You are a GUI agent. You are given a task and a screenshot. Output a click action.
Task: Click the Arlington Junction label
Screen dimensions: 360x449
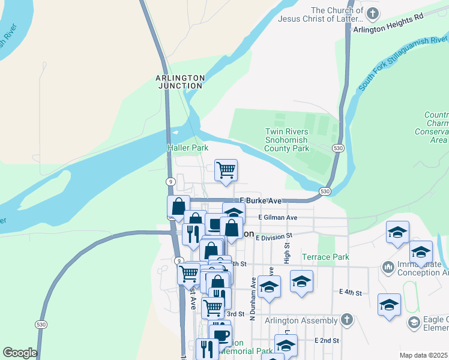point(180,82)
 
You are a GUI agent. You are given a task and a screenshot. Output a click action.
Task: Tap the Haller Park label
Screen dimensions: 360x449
point(187,147)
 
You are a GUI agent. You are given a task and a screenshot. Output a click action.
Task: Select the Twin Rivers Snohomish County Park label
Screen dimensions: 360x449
point(287,140)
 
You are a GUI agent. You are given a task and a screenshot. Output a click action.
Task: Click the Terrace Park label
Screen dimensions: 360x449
point(325,257)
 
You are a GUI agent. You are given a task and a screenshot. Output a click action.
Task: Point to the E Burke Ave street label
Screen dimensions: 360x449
point(261,200)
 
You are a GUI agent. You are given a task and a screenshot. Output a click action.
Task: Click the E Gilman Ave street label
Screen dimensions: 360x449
point(278,218)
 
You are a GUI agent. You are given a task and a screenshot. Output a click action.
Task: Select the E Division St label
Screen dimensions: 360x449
point(273,238)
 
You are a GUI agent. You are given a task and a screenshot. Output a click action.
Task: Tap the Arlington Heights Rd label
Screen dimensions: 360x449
point(388,24)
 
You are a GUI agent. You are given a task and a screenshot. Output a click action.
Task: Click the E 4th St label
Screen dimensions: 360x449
point(350,293)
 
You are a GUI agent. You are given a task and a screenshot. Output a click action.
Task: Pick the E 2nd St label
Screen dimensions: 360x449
point(327,340)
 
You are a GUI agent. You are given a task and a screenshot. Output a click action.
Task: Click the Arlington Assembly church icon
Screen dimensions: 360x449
point(346,319)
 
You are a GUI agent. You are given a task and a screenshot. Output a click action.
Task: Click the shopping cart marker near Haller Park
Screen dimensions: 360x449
point(226,170)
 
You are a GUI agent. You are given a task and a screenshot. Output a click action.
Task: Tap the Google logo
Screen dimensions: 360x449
point(20,353)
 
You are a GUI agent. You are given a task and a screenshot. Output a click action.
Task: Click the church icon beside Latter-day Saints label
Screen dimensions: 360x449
point(372,13)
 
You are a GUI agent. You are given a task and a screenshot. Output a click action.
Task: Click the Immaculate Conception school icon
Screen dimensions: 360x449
point(388,265)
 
